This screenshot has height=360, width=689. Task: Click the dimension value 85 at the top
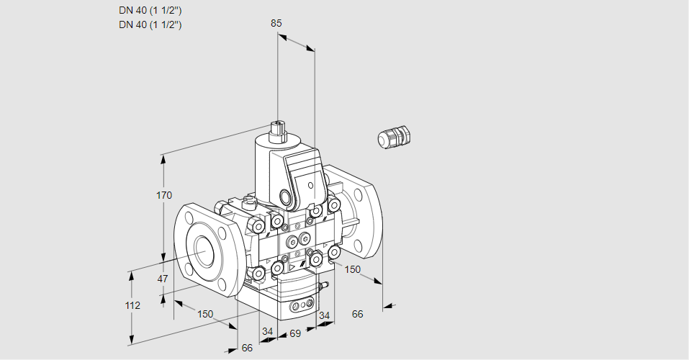pyautogui.click(x=276, y=23)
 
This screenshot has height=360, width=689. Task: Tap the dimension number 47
pyautogui.click(x=163, y=279)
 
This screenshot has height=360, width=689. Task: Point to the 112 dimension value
pyautogui.click(x=132, y=305)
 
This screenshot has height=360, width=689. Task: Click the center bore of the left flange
pyautogui.click(x=205, y=248)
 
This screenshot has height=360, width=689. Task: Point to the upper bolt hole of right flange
pyautogui.click(x=358, y=195)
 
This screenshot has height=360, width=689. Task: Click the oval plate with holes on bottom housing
pyautogui.click(x=302, y=307)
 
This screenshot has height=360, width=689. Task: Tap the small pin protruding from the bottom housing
pyautogui.click(x=323, y=287)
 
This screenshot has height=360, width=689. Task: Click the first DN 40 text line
pyautogui.click(x=150, y=11)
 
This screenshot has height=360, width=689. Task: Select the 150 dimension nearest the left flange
pyautogui.click(x=205, y=313)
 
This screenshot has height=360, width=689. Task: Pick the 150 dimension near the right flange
pyautogui.click(x=352, y=269)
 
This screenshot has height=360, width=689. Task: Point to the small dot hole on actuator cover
pyautogui.click(x=310, y=186)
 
